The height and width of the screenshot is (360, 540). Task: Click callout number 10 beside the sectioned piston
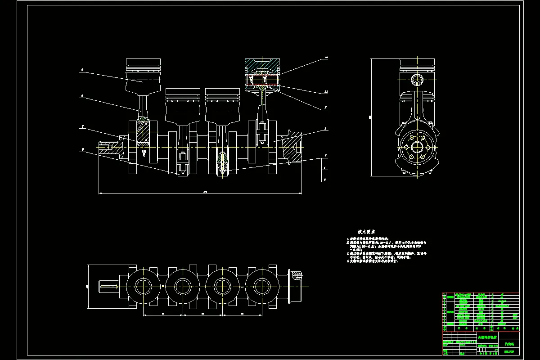click(326, 57)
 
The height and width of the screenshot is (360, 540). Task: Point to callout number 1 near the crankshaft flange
click(325, 129)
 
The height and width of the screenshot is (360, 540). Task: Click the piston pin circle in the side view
click(417, 80)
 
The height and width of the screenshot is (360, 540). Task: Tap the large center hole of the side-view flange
click(417, 147)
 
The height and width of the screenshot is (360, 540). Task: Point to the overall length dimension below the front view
click(205, 192)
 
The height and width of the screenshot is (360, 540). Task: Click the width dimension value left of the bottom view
click(87, 286)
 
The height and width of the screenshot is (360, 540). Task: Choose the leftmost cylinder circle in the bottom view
click(143, 286)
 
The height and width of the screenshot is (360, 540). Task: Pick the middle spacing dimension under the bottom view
click(202, 313)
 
